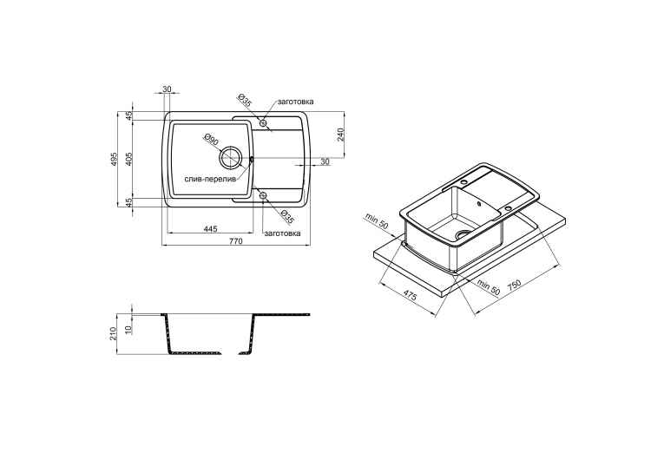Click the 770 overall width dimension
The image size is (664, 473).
click(x=235, y=241)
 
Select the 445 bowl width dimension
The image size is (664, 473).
click(x=210, y=229)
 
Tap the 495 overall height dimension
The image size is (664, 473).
click(x=113, y=159)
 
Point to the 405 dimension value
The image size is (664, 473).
click(x=129, y=159)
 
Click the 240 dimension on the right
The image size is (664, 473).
click(x=341, y=135)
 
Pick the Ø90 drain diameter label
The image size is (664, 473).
click(x=210, y=140)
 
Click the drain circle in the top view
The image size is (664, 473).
click(x=230, y=158)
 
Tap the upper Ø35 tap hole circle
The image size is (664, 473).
click(x=263, y=123)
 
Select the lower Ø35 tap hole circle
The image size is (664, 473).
click(x=263, y=195)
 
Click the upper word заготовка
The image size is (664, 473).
click(x=296, y=102)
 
